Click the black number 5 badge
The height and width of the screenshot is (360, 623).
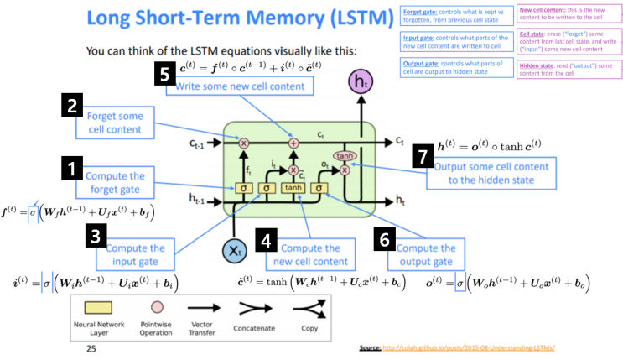pyautogui.click(x=165, y=75)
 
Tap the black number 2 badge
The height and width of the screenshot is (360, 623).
pyautogui.click(x=74, y=107)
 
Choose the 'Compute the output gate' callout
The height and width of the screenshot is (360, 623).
pyautogui.click(x=425, y=255)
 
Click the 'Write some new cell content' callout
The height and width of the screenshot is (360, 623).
pyautogui.click(x=240, y=86)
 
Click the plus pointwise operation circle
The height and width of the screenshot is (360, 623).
pyautogui.click(x=293, y=143)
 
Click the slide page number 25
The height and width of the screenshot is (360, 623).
pyautogui.click(x=91, y=347)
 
